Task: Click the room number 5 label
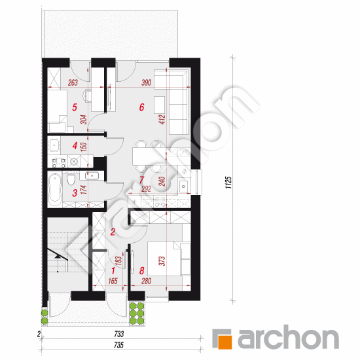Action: (x=75, y=107)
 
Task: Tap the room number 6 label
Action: (x=141, y=107)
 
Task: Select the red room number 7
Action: (x=141, y=179)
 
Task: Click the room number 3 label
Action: (x=75, y=192)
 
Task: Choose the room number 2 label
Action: (x=113, y=231)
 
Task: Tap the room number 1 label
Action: (x=113, y=269)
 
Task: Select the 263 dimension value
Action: (x=73, y=83)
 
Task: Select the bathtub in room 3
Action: (x=55, y=189)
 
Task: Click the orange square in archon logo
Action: (x=225, y=340)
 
